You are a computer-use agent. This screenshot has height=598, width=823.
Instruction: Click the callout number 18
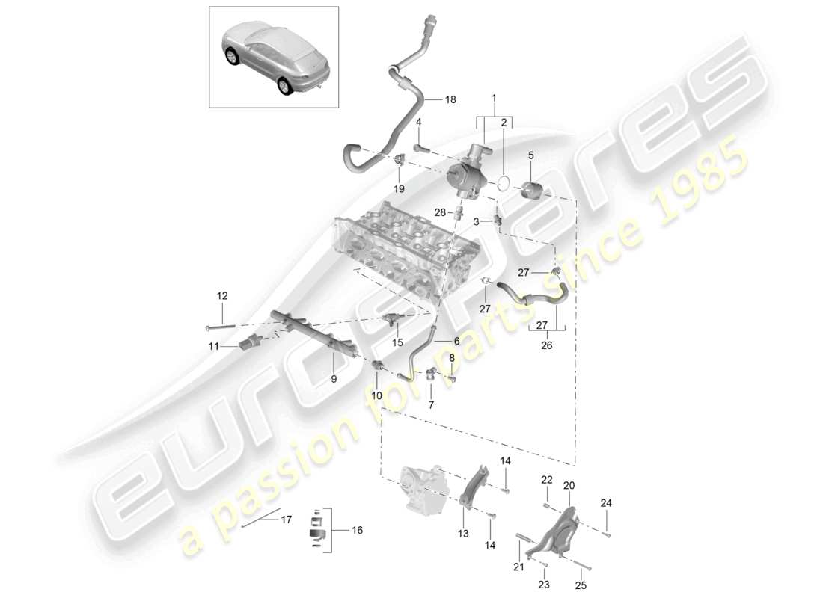pyautogui.click(x=450, y=99)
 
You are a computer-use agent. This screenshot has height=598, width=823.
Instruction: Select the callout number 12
pyautogui.click(x=222, y=297)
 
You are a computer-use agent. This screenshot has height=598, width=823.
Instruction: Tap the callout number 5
pyautogui.click(x=531, y=155)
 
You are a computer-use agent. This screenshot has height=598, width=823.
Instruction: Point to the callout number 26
pyautogui.click(x=546, y=345)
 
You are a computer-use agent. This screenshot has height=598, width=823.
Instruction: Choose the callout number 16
pyautogui.click(x=357, y=530)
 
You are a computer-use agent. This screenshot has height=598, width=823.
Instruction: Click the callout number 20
pyautogui.click(x=569, y=485)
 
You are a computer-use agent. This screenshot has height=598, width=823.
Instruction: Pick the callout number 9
pyautogui.click(x=334, y=379)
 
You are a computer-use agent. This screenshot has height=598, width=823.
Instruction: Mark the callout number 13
pyautogui.click(x=463, y=534)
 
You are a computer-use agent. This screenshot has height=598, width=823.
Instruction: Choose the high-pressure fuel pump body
pyautogui.click(x=465, y=176)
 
